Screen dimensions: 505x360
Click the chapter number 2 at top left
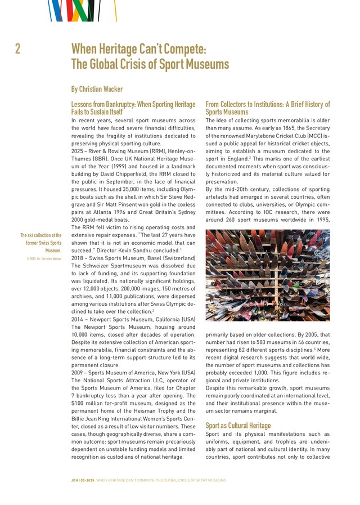click(18, 49)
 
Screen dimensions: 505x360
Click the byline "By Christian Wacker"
click(97, 89)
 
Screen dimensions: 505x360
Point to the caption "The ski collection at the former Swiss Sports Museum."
click(42, 243)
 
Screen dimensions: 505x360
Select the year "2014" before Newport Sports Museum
click(78, 319)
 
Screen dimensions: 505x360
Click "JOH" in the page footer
click(75, 480)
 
